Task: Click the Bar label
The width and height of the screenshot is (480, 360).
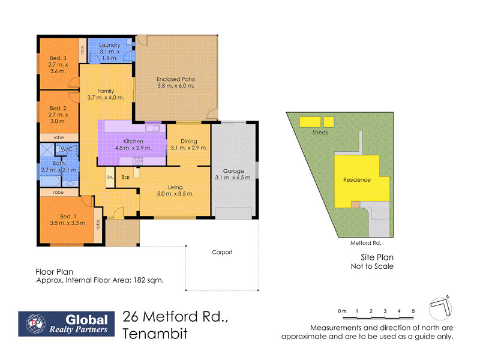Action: point(126,178)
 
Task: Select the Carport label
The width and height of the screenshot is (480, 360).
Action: point(222,252)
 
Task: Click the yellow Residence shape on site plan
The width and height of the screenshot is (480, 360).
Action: point(357,180)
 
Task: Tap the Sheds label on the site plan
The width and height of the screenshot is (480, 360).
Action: point(320,133)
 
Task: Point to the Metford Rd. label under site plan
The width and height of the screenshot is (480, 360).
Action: point(366,244)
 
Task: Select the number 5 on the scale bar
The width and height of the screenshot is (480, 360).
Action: point(413,311)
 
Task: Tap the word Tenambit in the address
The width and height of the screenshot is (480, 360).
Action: point(154,334)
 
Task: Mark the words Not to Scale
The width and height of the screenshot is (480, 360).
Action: point(372,266)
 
